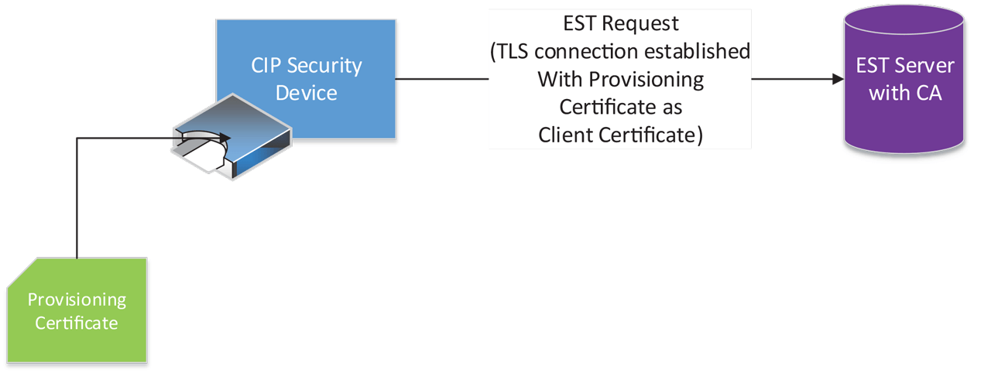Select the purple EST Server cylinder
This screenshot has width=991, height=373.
[905, 85]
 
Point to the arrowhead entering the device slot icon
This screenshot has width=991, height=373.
[225, 139]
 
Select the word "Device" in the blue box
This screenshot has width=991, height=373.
[307, 93]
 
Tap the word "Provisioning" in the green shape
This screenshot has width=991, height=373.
[77, 299]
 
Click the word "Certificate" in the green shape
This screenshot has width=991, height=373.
[77, 323]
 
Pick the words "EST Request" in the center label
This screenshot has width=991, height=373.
[621, 24]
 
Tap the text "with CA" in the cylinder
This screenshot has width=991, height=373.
[905, 94]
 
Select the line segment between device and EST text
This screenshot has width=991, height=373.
[442, 79]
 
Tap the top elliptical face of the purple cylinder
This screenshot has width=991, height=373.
[905, 17]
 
